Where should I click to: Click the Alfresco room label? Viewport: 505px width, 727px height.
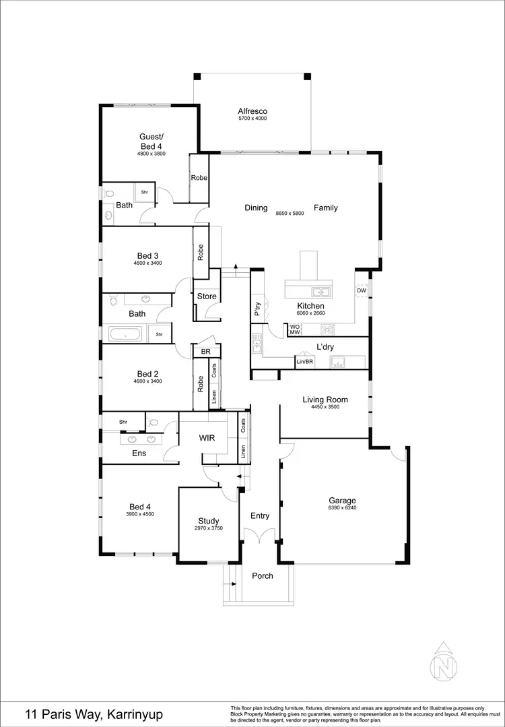click(x=252, y=111)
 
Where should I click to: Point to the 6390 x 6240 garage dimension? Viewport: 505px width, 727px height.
click(x=342, y=509)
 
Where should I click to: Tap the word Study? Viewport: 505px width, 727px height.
click(x=209, y=520)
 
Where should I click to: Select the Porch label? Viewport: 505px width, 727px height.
click(x=263, y=576)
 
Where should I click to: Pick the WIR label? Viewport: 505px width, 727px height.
click(x=207, y=439)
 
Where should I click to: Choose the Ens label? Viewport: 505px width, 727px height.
click(x=139, y=453)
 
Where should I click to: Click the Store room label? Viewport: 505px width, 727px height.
click(x=207, y=296)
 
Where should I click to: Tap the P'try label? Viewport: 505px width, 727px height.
click(x=257, y=309)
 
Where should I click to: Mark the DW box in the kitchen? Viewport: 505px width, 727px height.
click(x=362, y=290)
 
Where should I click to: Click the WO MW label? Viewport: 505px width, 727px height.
click(x=294, y=330)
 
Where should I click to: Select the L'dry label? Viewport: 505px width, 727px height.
click(x=327, y=347)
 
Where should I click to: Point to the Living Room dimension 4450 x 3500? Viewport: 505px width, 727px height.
click(x=325, y=408)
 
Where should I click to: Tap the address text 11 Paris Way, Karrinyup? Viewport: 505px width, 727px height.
click(x=94, y=714)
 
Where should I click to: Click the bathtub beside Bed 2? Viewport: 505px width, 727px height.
click(x=125, y=334)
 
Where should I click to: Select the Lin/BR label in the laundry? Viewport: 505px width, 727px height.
click(x=305, y=362)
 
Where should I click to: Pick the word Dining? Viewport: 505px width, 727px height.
click(x=256, y=208)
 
